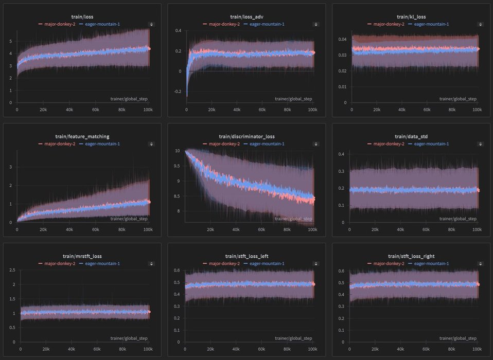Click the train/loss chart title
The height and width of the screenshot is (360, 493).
[x=82, y=17]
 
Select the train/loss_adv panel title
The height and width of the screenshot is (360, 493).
[x=246, y=17]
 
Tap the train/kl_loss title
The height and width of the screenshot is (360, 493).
[x=410, y=17]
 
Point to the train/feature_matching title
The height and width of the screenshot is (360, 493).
[x=82, y=136]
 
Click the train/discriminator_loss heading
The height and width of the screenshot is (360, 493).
[x=246, y=136]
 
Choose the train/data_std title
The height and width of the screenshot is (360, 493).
[x=410, y=136]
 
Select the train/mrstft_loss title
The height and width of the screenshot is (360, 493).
[x=82, y=256]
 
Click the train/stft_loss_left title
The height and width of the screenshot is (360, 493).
[x=246, y=256]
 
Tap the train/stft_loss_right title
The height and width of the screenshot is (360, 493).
[x=410, y=256]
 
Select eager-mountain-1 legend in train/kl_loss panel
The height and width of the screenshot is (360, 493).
[x=431, y=24]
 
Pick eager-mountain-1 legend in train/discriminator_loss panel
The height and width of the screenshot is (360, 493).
[x=267, y=144]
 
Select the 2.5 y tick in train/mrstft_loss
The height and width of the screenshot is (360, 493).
[x=11, y=270]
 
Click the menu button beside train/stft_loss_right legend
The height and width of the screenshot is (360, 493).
[x=480, y=264]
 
